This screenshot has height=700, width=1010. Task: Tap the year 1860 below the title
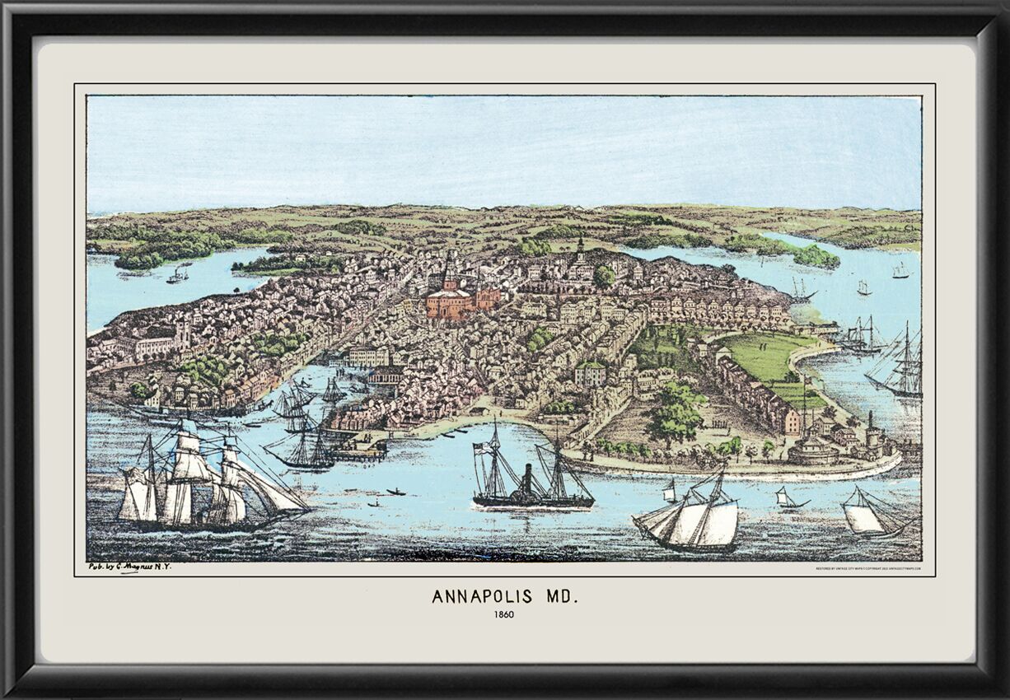[504, 614]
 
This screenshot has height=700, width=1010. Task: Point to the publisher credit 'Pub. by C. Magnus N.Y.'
[130, 567]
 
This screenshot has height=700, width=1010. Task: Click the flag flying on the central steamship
[481, 449]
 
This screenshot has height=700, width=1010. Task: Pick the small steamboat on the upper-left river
[177, 275]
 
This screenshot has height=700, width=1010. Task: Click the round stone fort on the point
[812, 450]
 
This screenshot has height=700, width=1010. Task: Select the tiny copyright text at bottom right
[868, 568]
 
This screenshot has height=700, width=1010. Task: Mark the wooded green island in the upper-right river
[815, 257]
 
